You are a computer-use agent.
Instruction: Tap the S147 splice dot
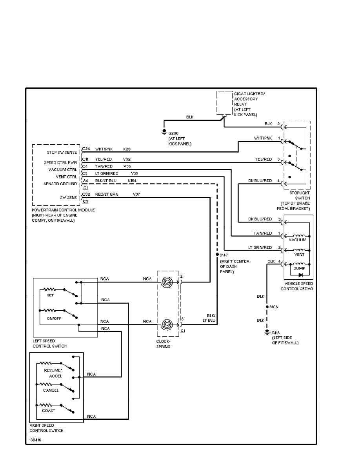pos(217,254)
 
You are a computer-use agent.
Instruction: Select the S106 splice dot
pos(267,306)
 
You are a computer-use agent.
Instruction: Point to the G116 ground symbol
pos(267,333)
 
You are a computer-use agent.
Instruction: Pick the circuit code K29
pos(127,149)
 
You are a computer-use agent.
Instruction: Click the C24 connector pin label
pos(86,149)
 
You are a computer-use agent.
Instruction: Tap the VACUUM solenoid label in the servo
pos(298,240)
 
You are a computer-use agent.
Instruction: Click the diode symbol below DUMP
pos(300,275)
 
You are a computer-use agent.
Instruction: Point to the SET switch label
pos(50,295)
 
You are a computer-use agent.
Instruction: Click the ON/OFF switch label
pos(53,318)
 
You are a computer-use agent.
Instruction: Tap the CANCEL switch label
pos(51,390)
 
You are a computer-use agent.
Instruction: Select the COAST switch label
pos(49,411)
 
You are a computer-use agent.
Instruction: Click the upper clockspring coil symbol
pos(167,282)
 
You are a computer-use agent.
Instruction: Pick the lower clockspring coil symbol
pos(167,325)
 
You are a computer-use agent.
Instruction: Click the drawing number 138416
pos(35,440)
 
